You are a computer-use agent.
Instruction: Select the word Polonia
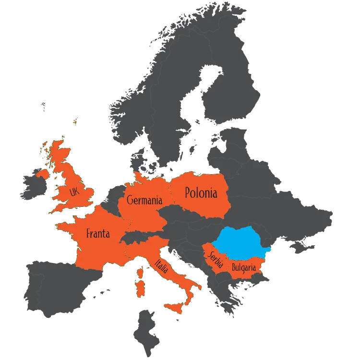[201, 193]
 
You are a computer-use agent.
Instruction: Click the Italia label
[162, 266]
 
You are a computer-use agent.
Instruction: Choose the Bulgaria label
[243, 266]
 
